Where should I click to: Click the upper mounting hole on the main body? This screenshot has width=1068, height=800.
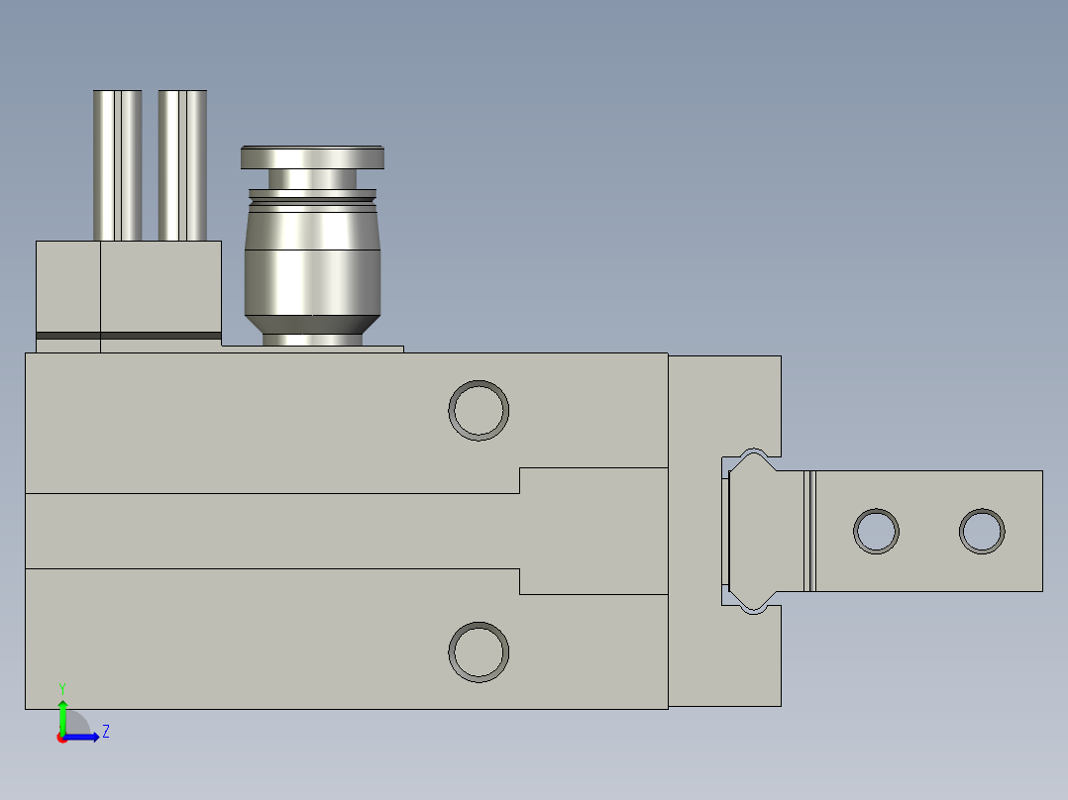click(x=479, y=409)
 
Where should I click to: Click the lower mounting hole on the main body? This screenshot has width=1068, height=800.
click(x=479, y=651)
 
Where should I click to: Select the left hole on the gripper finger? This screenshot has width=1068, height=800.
click(x=876, y=531)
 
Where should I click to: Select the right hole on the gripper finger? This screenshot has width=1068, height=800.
click(x=982, y=531)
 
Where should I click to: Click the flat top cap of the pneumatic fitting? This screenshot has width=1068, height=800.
click(x=312, y=157)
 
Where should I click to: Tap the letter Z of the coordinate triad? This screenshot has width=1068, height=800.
click(x=106, y=732)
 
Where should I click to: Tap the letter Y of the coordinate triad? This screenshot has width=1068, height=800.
click(x=62, y=687)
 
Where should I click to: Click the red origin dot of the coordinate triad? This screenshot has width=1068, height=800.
click(x=62, y=738)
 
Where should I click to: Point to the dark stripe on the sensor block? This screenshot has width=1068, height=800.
click(x=129, y=336)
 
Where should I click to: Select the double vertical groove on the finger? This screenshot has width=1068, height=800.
click(x=810, y=531)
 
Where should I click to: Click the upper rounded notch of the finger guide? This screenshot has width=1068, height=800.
click(x=753, y=455)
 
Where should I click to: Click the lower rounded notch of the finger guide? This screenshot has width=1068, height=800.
click(x=753, y=606)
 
